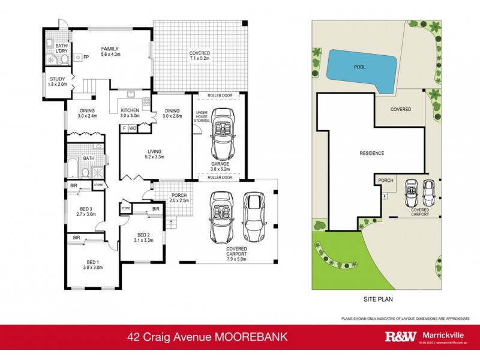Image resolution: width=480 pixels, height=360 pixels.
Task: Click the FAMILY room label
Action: (x=109, y=49)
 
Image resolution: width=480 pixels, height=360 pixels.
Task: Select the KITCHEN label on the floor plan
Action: (x=130, y=111)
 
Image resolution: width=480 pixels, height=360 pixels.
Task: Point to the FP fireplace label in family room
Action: (x=86, y=58)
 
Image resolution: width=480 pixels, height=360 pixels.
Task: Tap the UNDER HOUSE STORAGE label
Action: (x=202, y=117)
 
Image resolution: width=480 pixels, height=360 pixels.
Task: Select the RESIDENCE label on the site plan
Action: (x=371, y=153)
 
